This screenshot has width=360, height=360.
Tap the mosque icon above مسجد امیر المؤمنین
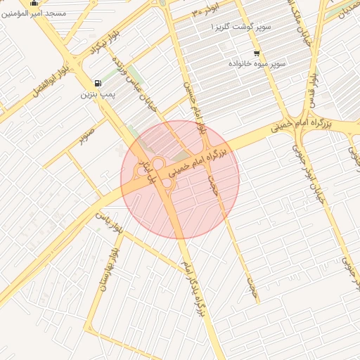[x=34, y=3]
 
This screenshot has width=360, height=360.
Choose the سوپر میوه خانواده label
[x=257, y=63]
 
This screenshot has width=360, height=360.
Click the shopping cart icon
[x=257, y=53]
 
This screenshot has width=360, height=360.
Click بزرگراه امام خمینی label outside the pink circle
[x=298, y=127]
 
